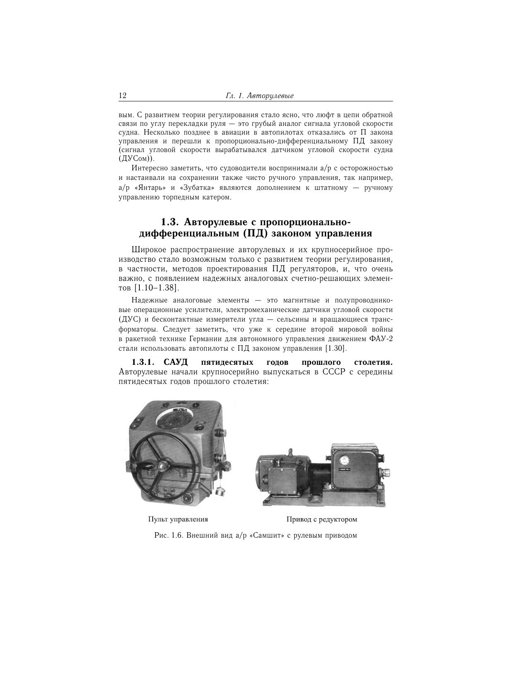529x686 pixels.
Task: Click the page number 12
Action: pyautogui.click(x=122, y=96)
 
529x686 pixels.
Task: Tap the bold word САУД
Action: pyautogui.click(x=176, y=362)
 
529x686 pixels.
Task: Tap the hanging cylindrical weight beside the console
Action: pyautogui.click(x=220, y=492)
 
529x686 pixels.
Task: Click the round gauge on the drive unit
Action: pyautogui.click(x=344, y=460)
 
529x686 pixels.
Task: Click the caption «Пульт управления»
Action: pyautogui.click(x=178, y=519)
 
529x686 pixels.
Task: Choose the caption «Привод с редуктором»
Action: pyautogui.click(x=322, y=519)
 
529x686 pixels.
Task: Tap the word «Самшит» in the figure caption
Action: pyautogui.click(x=270, y=535)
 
